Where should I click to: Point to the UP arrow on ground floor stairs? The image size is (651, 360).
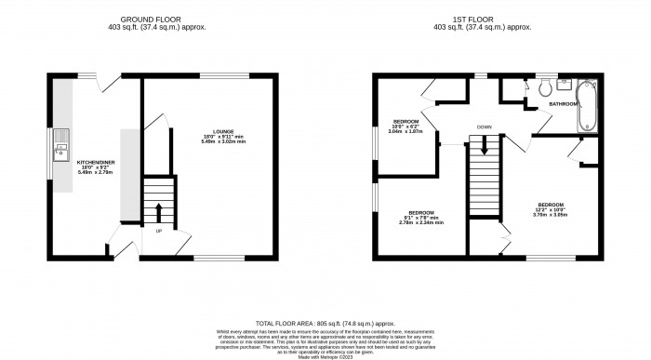coord(157,209)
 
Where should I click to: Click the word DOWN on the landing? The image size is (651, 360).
coord(484,126)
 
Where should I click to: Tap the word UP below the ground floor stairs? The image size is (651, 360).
coord(158,231)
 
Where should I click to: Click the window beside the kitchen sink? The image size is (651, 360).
coord(51,150)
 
